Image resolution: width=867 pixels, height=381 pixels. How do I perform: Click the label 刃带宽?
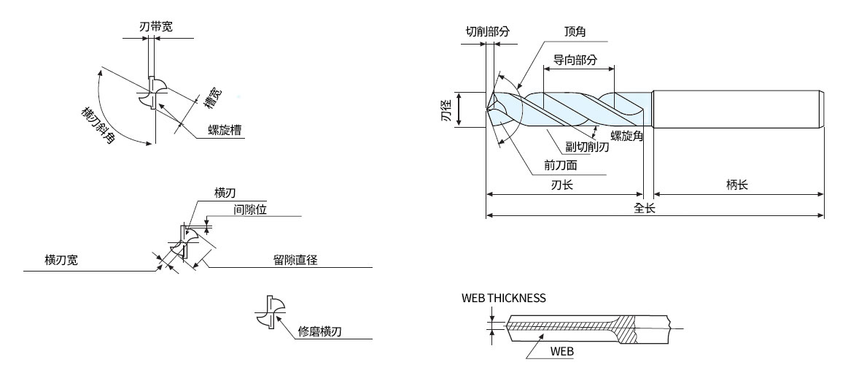click(156, 27)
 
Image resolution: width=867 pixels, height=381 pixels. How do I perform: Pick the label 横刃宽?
click(61, 260)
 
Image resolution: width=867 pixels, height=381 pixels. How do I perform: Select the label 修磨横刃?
click(320, 332)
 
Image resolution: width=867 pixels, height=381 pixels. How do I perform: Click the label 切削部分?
click(487, 32)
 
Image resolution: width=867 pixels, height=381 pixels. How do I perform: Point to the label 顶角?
click(575, 32)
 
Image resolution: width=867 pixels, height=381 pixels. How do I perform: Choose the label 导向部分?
click(575, 60)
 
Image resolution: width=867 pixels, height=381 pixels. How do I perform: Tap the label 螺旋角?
click(626, 135)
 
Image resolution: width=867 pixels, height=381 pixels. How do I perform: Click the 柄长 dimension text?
click(737, 185)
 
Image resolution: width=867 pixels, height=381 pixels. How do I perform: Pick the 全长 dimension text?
click(644, 207)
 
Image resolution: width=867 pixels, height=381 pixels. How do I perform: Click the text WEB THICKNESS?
click(503, 298)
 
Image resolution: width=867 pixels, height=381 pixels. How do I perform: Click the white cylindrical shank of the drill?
click(738, 109)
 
